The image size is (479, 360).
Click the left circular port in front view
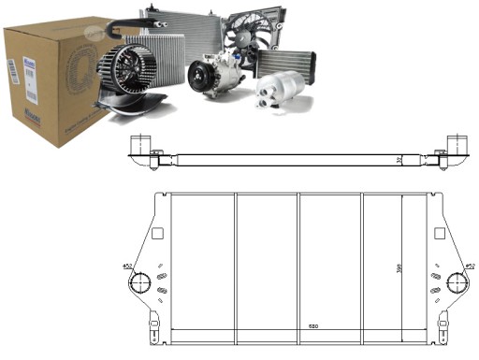click(140, 283)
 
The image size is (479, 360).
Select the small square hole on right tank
click(435, 234)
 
